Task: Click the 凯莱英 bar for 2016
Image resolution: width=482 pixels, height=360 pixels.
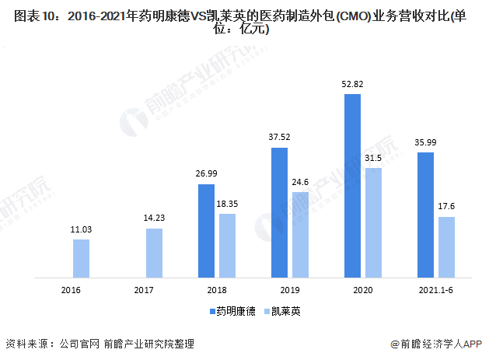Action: [81, 257]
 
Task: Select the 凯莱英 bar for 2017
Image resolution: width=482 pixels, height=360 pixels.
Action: [154, 252]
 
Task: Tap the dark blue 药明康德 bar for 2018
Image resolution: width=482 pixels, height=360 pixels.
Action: [206, 230]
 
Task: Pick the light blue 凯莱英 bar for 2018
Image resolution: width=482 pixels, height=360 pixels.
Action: [227, 245]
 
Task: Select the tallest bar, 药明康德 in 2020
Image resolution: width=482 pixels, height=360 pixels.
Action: [352, 185]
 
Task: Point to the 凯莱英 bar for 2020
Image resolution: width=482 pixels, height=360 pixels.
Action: [373, 222]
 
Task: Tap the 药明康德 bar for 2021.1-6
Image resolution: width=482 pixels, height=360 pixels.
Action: [425, 214]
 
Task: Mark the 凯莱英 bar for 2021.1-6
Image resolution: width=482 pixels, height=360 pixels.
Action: [446, 246]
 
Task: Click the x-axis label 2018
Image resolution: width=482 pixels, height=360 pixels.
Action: [216, 289]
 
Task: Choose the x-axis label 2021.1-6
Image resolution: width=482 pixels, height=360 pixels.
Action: [435, 289]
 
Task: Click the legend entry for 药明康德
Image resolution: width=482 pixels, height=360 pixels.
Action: [231, 311]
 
